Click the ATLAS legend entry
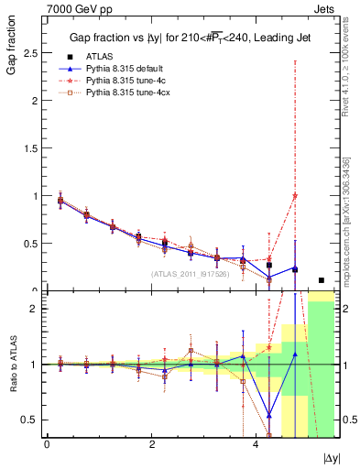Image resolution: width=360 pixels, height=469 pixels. [101, 56]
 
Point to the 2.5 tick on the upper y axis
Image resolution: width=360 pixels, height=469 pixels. [29, 53]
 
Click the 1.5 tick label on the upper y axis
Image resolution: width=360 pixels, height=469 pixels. [29, 148]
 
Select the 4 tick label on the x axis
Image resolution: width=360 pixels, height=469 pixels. [256, 444]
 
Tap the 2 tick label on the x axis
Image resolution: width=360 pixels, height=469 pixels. [151, 444]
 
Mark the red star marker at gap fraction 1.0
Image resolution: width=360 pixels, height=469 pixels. [295, 195]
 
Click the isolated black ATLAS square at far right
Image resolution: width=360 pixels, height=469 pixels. [322, 280]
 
